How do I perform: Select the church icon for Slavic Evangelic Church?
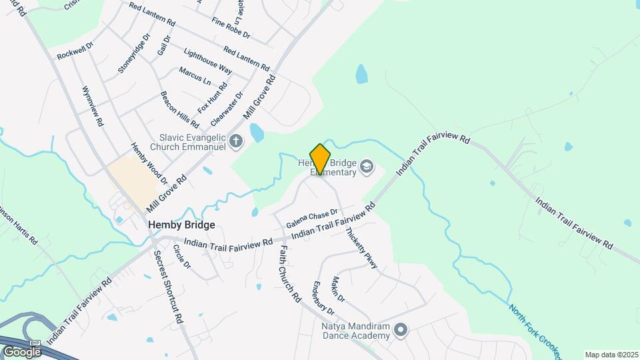tap(235, 141)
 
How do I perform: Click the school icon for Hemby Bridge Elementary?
tap(366, 166)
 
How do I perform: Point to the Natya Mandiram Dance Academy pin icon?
tap(401, 329)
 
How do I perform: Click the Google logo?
tap(22, 351)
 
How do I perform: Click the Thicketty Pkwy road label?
tap(361, 248)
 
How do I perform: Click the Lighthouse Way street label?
tap(207, 61)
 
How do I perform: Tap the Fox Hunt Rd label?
tap(213, 97)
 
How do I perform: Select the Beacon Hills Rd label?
tap(179, 109)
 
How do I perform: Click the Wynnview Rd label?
tap(92, 106)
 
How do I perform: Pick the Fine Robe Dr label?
tap(231, 27)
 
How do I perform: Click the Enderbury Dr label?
tap(323, 298)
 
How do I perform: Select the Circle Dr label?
tap(181, 257)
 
